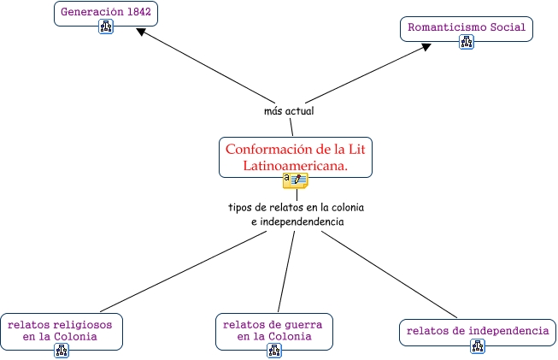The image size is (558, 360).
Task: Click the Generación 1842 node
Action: (x=106, y=13)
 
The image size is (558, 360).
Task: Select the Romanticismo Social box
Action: (x=466, y=27)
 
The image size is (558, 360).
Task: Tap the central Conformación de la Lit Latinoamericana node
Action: (x=296, y=156)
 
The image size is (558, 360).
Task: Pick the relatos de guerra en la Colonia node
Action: (x=273, y=329)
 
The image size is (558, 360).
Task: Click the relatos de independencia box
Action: (x=477, y=330)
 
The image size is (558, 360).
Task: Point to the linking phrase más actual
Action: (x=290, y=111)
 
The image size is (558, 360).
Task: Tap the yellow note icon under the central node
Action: (x=296, y=180)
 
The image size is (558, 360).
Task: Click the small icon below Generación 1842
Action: (x=106, y=27)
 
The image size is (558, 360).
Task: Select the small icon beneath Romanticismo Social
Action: (x=466, y=42)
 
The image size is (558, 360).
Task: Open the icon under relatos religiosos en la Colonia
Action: (x=61, y=350)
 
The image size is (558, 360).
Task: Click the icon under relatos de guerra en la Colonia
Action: (x=274, y=350)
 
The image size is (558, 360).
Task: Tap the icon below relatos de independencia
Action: (x=478, y=346)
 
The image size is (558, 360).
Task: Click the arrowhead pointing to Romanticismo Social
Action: (x=426, y=48)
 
